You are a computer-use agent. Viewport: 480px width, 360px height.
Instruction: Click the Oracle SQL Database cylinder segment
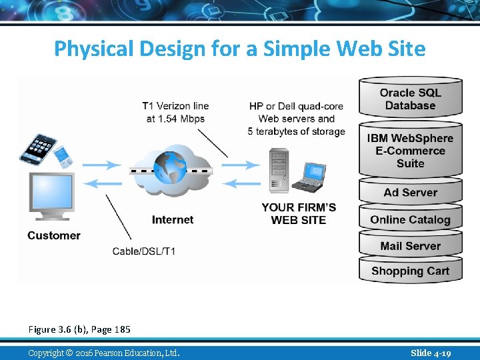(410, 99)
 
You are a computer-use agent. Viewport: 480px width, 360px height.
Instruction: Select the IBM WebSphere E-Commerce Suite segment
(410, 151)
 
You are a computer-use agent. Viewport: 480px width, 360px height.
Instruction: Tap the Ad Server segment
(410, 193)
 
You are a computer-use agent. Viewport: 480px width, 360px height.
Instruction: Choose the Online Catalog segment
(410, 220)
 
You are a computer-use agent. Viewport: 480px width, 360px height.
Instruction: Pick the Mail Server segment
(410, 246)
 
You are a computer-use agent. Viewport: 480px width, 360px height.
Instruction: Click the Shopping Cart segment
(410, 271)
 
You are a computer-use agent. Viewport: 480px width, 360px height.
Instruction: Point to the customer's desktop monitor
(51, 195)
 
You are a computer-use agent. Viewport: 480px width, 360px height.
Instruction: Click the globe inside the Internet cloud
(169, 168)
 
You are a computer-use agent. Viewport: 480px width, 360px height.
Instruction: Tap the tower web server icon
(278, 171)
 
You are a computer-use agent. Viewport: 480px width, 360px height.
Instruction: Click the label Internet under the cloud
(173, 219)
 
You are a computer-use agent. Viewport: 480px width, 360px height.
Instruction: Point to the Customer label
(54, 235)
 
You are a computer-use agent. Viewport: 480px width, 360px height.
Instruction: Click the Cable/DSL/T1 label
(144, 251)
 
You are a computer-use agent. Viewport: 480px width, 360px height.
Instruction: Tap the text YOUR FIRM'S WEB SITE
(299, 213)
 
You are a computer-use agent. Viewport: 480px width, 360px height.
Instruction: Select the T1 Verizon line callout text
(175, 112)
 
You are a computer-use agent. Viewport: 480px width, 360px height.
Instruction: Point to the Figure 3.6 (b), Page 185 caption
(79, 329)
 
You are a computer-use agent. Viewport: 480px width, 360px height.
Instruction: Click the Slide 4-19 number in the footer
(431, 353)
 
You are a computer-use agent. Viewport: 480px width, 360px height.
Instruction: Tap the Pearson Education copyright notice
(103, 353)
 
